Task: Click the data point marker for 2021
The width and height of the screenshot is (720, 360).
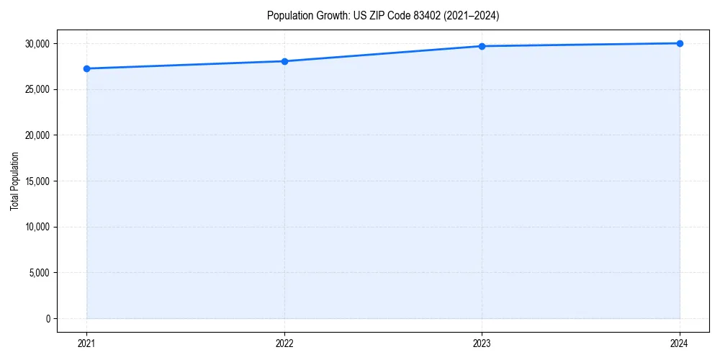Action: point(86,68)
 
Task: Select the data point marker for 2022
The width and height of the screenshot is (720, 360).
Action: point(284,61)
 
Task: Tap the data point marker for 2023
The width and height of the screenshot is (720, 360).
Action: point(482,46)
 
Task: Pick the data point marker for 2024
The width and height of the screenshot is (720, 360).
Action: point(680,43)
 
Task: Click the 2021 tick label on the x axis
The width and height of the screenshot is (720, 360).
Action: point(86,343)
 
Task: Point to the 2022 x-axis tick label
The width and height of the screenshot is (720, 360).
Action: point(284,343)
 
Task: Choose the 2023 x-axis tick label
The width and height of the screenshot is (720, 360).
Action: point(482,343)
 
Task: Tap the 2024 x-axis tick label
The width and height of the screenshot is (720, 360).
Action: point(680,343)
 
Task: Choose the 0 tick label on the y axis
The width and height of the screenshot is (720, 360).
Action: point(47,318)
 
